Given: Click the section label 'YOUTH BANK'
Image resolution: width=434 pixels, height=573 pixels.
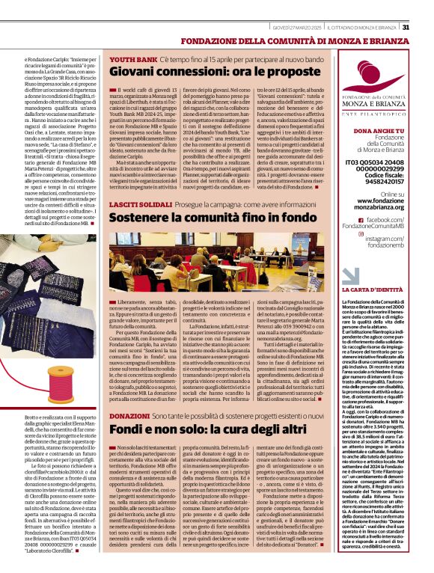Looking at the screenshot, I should (x=133, y=58).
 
